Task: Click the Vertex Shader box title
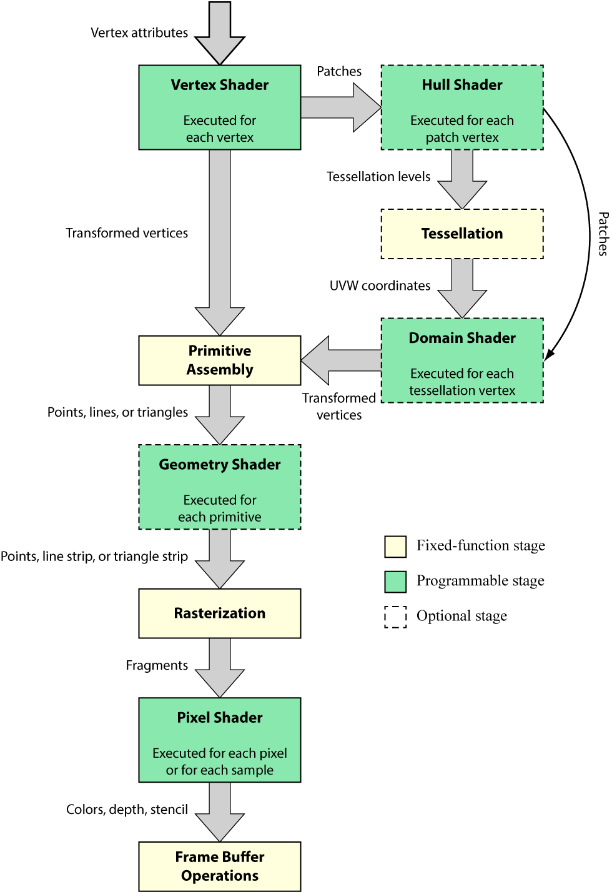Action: coord(220,85)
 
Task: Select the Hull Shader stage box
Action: coord(462,107)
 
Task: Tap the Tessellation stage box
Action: coord(462,234)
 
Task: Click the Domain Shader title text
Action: coord(462,338)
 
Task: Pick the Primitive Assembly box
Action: coord(220,360)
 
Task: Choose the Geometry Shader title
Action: coord(220,465)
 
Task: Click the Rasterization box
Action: coord(220,613)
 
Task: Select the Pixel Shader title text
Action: coord(220,718)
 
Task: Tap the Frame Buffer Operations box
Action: coord(220,866)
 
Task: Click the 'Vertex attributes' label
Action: coord(139,32)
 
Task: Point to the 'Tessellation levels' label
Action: coord(378,177)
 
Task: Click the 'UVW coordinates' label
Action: coord(380,285)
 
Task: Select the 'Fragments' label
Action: coord(157,665)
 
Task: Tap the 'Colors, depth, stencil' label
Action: coord(127,810)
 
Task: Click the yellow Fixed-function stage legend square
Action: coord(395,547)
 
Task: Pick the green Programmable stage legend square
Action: coord(395,582)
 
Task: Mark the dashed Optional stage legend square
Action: coord(395,617)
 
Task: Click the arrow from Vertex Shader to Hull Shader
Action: coord(340,107)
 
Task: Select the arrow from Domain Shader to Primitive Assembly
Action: coord(341,360)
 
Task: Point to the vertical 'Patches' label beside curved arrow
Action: coord(603,234)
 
